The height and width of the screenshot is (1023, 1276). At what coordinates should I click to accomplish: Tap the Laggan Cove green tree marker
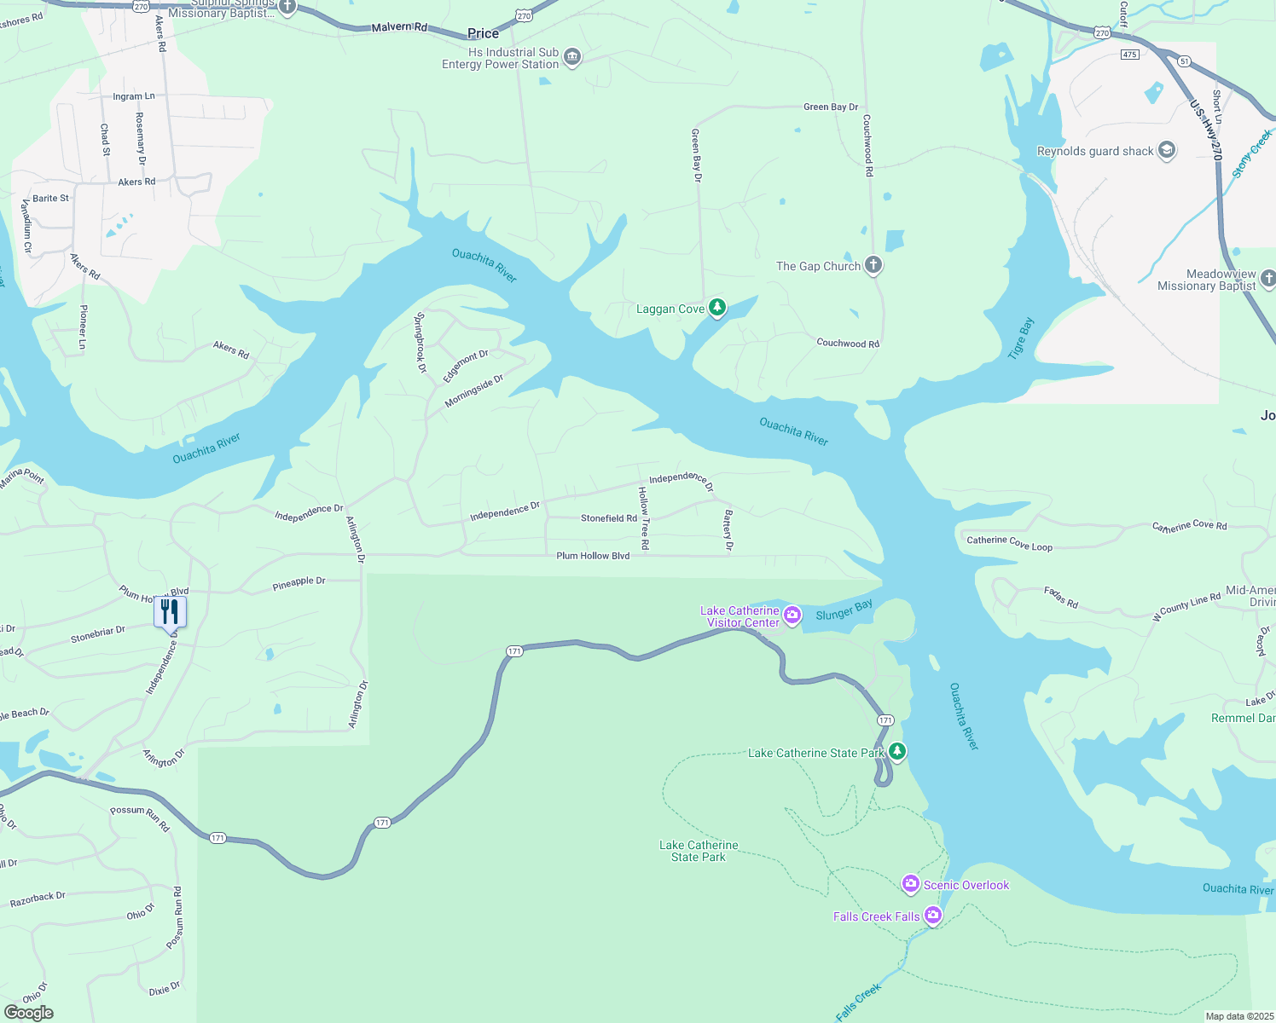[717, 308]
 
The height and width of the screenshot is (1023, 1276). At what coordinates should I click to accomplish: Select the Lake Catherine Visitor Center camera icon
[792, 616]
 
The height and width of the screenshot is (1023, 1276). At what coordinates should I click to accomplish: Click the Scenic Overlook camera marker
[910, 883]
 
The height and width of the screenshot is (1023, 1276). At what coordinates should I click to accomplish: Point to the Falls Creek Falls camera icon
[933, 916]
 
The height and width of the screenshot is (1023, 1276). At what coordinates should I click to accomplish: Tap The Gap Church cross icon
[873, 264]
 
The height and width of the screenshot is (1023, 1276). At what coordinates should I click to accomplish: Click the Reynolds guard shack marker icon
[1167, 150]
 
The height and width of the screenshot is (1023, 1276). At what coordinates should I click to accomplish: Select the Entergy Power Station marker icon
[572, 57]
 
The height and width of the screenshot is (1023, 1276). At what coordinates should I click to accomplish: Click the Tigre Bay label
[1020, 338]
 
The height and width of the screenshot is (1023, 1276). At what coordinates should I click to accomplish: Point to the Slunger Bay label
[844, 610]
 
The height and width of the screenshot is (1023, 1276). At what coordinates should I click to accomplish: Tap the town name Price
[483, 33]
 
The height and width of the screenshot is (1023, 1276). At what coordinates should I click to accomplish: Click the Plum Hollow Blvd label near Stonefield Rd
[593, 556]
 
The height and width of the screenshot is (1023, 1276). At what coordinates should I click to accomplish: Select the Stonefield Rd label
[608, 518]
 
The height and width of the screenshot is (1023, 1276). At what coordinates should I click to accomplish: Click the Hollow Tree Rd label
[644, 517]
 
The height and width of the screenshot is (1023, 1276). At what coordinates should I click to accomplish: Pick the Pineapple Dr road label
[299, 583]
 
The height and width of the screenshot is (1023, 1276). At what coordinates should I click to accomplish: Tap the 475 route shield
[1129, 55]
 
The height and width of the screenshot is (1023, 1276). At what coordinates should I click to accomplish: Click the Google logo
[29, 1012]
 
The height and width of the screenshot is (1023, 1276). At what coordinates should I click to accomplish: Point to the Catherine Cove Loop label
[1009, 543]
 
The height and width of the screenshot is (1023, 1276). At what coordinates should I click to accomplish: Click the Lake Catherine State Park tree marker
[896, 751]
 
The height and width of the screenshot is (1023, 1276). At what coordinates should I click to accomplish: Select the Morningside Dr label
[473, 391]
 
